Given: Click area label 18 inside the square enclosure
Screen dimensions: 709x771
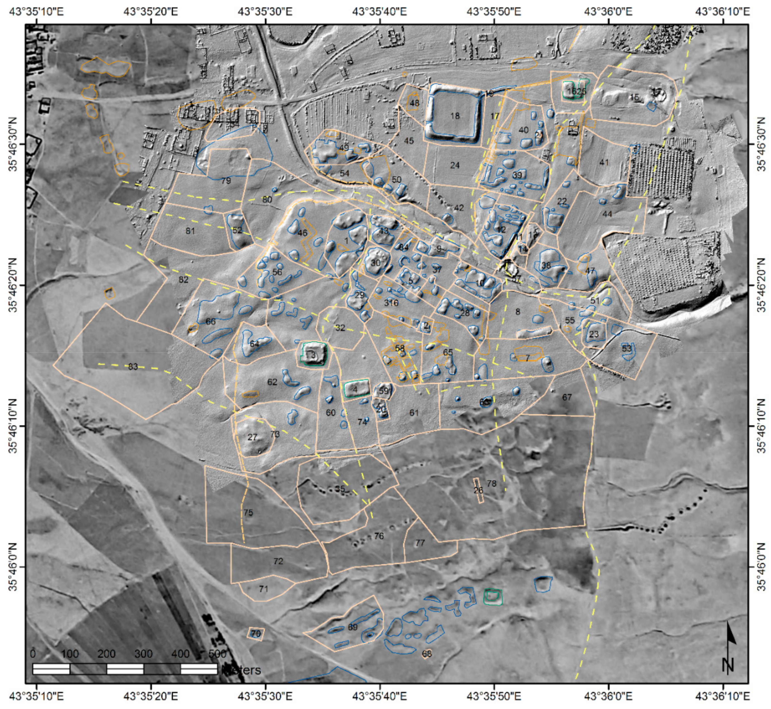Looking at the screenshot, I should [455, 116].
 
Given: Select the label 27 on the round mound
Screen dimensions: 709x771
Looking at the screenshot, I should [252, 437].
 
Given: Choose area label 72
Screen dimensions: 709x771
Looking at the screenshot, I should [278, 561].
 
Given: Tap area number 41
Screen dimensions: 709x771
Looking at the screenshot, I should [604, 162].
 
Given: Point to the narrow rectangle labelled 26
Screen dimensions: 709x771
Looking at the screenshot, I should [478, 490].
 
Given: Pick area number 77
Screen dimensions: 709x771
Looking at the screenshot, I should [420, 543].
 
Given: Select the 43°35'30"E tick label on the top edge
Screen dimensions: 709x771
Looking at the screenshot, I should [265, 11].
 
